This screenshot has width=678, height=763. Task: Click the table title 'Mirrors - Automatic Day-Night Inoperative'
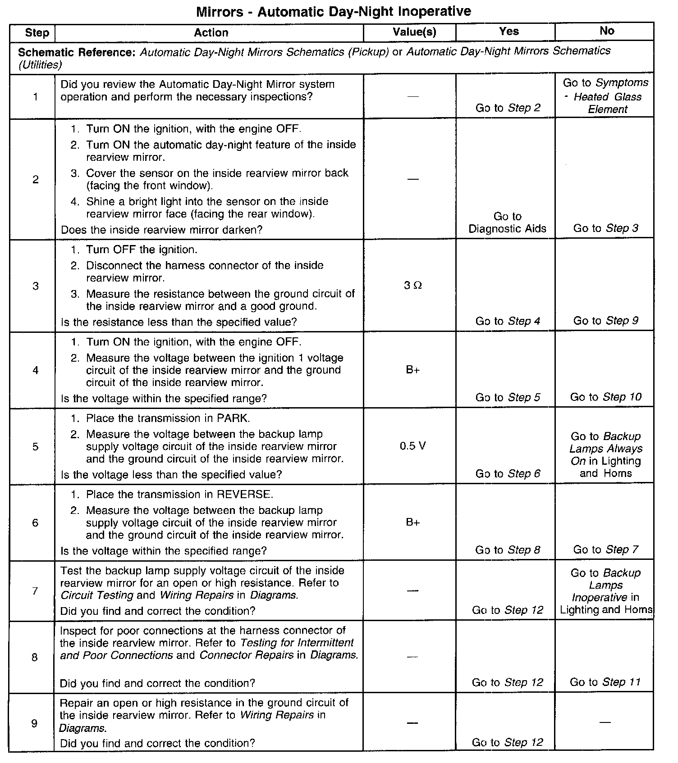(x=334, y=12)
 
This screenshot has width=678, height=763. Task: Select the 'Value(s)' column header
(x=414, y=32)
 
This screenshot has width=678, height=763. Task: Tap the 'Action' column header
(x=211, y=32)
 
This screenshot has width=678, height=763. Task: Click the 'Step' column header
(x=37, y=32)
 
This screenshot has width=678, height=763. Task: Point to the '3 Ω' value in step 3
(x=413, y=286)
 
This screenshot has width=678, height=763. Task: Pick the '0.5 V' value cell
(x=412, y=446)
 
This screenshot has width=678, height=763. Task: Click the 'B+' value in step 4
(x=412, y=370)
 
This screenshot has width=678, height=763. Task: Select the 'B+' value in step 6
(x=412, y=522)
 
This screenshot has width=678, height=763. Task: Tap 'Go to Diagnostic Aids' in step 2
(x=507, y=223)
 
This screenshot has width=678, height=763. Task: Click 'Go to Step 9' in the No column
(x=605, y=321)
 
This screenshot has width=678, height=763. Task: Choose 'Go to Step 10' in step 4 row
(x=605, y=397)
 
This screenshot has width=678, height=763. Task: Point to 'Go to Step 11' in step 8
(x=605, y=682)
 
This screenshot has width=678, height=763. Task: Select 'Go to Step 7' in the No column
(x=605, y=550)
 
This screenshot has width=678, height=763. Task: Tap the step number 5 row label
(x=35, y=447)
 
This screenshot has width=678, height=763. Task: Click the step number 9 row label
(x=34, y=723)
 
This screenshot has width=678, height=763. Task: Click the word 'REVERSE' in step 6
(x=244, y=495)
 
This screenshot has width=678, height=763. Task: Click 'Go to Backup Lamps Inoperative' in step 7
(x=605, y=585)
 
